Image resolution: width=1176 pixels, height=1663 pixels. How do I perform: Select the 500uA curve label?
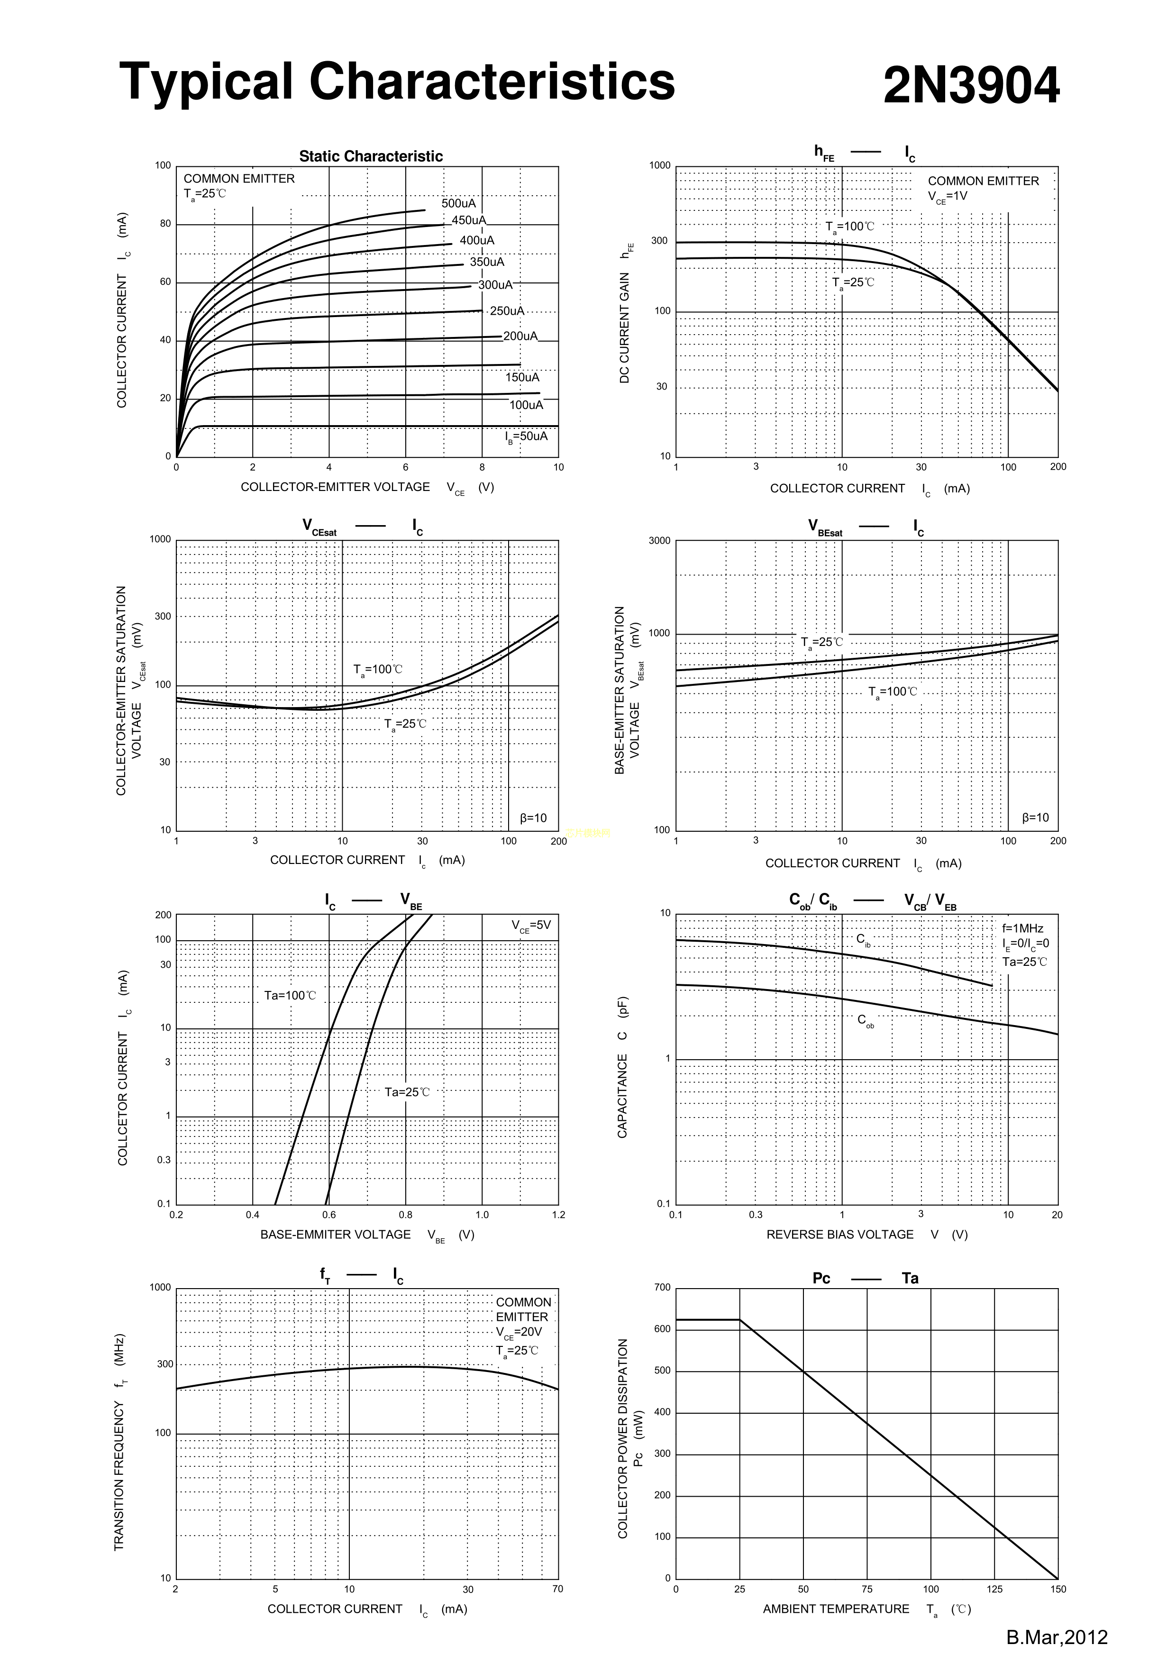(x=459, y=203)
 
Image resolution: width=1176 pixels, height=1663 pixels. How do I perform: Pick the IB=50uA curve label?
(x=526, y=437)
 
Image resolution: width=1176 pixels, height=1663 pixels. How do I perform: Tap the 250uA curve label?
(x=507, y=311)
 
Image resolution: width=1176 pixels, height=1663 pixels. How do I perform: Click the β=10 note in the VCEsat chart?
(x=533, y=818)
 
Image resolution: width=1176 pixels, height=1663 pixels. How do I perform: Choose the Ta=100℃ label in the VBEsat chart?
(x=893, y=692)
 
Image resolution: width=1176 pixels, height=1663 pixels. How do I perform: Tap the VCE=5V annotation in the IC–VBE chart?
(x=531, y=926)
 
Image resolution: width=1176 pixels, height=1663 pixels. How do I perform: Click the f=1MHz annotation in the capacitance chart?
(x=1022, y=928)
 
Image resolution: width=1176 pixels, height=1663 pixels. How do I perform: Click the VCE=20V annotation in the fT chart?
(x=519, y=1332)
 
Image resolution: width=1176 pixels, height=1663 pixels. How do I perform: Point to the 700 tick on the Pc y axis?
(x=662, y=1288)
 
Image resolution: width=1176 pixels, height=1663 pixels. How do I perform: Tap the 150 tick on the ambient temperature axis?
(x=1058, y=1589)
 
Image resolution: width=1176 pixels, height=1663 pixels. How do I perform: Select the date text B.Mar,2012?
(x=1057, y=1638)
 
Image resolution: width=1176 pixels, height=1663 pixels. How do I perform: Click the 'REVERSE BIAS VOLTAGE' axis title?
(x=840, y=1234)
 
